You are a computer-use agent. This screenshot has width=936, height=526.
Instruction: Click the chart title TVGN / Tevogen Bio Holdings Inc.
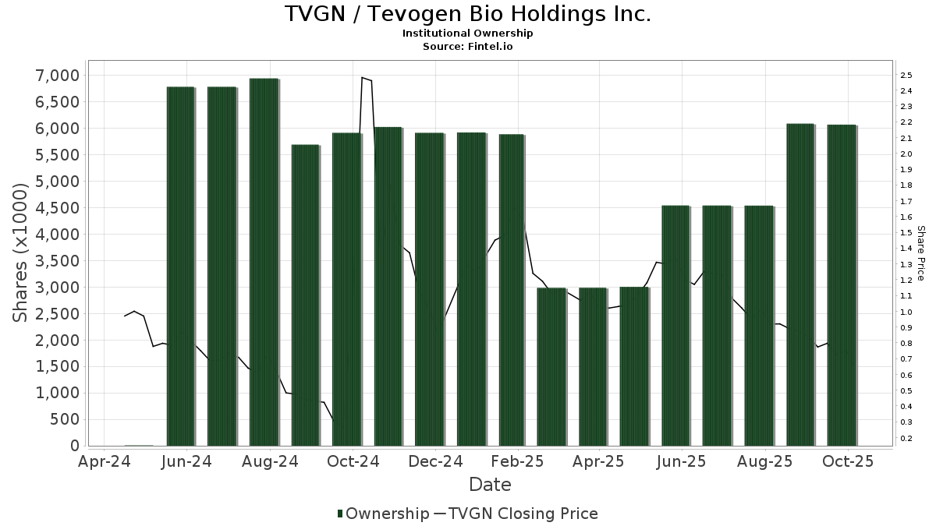pos(467,14)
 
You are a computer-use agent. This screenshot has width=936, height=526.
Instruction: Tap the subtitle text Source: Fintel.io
pos(467,47)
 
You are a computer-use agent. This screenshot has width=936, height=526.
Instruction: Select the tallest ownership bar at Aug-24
pos(264,262)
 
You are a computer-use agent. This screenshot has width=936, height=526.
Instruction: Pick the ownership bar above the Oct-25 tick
pos(842,285)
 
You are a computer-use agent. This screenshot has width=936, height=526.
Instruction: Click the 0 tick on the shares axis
pos(74,446)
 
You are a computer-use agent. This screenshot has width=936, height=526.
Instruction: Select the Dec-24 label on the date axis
pos(435,462)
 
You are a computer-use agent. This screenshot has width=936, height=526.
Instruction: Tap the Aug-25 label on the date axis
pos(764,462)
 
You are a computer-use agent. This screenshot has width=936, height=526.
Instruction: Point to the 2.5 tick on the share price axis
pos(906,76)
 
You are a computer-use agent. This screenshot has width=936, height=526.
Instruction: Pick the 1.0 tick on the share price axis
pos(906,312)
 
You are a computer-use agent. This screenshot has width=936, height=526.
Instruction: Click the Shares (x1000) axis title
pos(21,252)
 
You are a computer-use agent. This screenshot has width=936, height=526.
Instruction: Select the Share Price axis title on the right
pos(920,252)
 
